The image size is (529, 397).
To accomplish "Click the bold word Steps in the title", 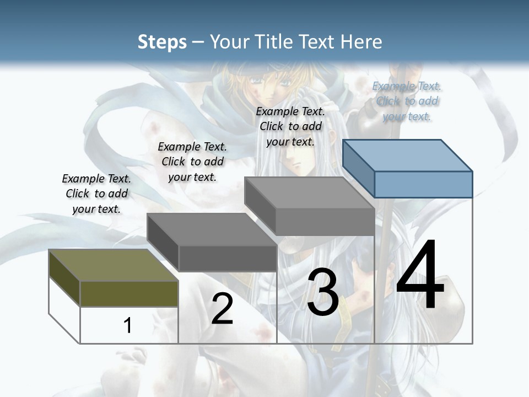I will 162,42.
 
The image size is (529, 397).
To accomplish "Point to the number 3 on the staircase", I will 323,292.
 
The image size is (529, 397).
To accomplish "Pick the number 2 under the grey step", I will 222,309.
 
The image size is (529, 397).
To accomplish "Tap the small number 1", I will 128,325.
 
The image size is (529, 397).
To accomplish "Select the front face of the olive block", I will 129,293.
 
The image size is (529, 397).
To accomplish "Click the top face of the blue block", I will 408,155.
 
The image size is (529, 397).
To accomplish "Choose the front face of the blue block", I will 423,184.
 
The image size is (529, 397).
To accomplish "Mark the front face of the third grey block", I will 325,222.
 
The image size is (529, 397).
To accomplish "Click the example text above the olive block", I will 96,194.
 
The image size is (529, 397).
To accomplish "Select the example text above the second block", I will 192,162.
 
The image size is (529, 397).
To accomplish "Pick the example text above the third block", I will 290,126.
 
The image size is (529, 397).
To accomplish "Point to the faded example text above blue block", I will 407,101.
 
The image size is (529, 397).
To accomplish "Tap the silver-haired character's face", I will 297,162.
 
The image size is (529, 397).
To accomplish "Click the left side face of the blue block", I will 358,168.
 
